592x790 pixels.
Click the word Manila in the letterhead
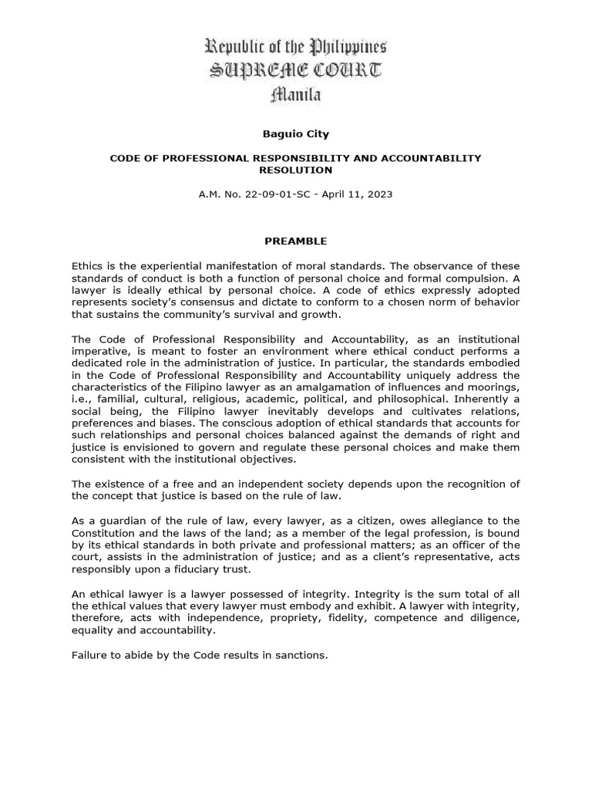pyautogui.click(x=296, y=95)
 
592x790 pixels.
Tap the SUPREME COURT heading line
pyautogui.click(x=296, y=71)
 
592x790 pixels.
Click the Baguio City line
pyautogui.click(x=296, y=133)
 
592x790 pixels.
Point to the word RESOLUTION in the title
pyautogui.click(x=296, y=170)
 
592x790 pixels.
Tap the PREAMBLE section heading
pyautogui.click(x=296, y=241)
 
